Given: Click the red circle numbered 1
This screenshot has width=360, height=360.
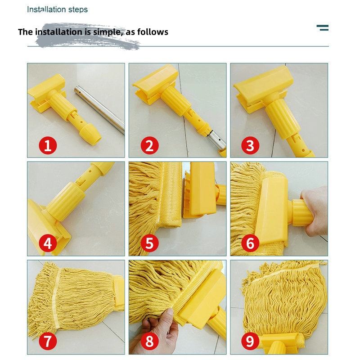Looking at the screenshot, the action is [x=48, y=145].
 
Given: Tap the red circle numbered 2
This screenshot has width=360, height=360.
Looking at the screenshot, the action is [x=149, y=145].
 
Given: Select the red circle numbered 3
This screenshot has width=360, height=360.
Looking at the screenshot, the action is [x=250, y=145].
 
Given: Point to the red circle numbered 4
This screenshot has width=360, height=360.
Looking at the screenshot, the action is [x=48, y=243].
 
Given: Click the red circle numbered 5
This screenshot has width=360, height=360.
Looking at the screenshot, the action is [x=149, y=243].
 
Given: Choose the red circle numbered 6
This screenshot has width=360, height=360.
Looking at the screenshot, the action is [x=250, y=243].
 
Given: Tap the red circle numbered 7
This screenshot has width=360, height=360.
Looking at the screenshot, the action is [x=48, y=341].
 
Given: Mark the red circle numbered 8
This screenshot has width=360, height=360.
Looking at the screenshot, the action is [x=149, y=341].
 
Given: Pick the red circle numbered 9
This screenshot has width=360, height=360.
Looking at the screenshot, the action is [x=250, y=341].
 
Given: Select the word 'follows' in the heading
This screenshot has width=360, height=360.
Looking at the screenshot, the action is [x=153, y=31].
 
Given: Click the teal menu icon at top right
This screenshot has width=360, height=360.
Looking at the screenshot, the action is [x=323, y=28].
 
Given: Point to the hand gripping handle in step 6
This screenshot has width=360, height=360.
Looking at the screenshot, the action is [x=315, y=210].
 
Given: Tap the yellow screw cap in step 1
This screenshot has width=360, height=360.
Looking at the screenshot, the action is [x=90, y=134].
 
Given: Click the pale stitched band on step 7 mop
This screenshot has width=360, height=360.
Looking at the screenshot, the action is [x=55, y=297].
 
